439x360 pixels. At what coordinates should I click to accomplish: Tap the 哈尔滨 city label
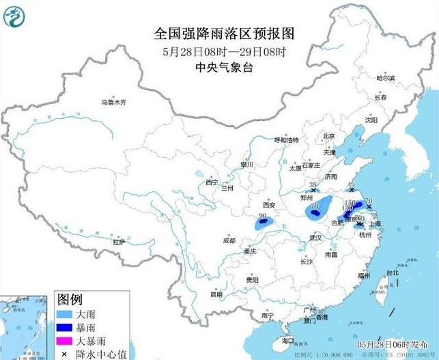[386, 79]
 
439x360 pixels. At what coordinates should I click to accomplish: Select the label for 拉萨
[119, 241]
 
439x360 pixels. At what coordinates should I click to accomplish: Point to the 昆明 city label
[216, 294]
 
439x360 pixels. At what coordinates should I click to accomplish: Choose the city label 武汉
[315, 238]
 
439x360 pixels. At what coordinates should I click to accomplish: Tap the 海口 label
[287, 340]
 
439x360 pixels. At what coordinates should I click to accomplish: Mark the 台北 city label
[392, 273]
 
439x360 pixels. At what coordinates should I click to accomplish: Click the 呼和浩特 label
[287, 140]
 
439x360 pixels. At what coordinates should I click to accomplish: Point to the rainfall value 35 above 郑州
[313, 185]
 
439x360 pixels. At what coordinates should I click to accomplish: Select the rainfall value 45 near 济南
[352, 186]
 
